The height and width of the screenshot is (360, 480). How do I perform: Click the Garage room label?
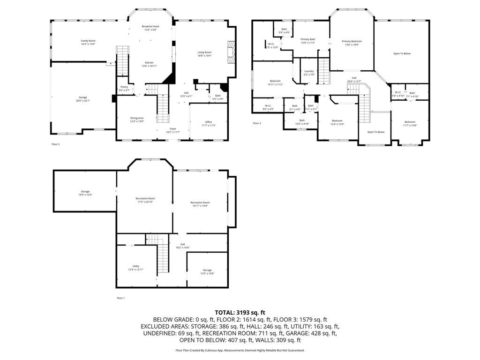coord(83,98)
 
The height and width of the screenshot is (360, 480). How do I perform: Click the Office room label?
coord(209,123)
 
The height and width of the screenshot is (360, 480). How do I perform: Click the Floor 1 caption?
coord(121,298)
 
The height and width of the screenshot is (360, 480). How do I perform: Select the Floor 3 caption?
coord(257,123)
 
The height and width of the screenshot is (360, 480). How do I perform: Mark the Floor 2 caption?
coord(55,144)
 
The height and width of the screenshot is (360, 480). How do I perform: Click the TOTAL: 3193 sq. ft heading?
coord(240,312)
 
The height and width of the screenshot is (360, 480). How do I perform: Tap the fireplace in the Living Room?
coord(231,51)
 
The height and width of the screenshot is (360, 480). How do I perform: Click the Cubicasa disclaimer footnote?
coord(240,350)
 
